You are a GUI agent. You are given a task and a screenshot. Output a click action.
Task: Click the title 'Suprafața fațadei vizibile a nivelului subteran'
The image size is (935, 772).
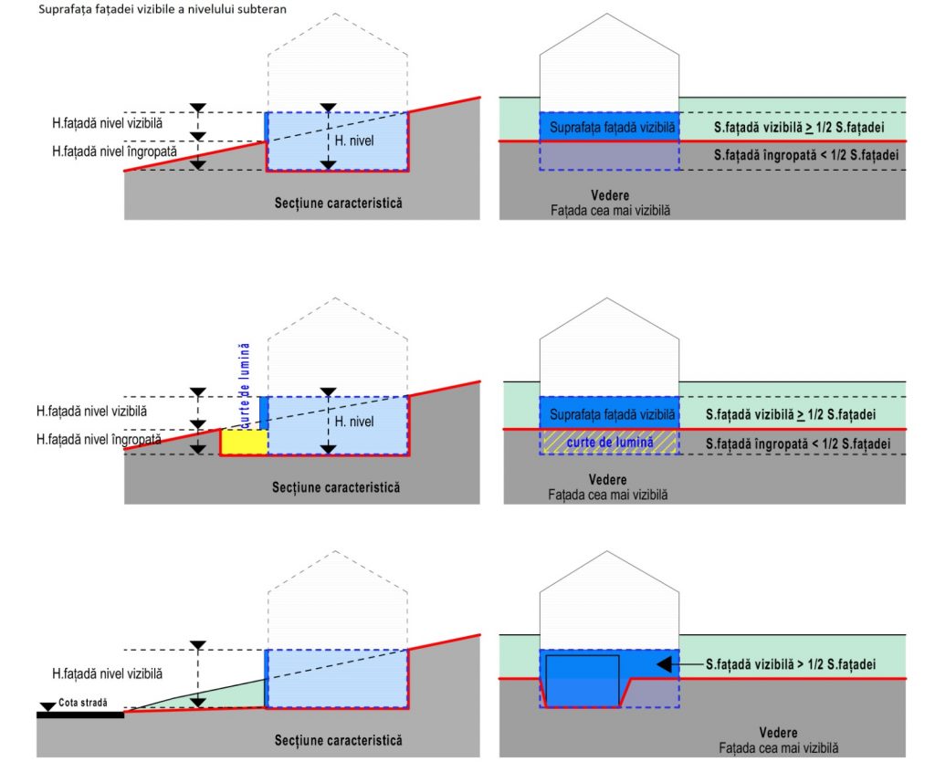pos(163,9)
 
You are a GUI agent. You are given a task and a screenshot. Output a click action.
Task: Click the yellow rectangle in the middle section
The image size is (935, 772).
pos(244,442)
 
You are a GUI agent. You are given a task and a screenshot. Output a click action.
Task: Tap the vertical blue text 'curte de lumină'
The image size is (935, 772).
pos(244,385)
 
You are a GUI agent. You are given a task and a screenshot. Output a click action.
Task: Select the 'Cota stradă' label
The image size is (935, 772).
pos(83,703)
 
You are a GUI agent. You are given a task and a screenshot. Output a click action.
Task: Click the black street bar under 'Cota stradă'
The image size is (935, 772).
pos(80,715)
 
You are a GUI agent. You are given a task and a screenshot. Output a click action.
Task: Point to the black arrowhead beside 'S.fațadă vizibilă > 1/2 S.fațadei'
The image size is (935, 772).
pos(665,664)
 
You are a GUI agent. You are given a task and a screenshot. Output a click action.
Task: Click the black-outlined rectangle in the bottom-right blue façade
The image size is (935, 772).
pos(583,681)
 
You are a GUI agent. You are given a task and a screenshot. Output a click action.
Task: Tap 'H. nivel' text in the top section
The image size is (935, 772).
pos(354,141)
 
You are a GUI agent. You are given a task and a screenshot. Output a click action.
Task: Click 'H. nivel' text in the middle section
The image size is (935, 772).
pos(354,422)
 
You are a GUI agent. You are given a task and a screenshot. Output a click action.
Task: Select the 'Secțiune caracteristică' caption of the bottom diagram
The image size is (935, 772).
pos(338,740)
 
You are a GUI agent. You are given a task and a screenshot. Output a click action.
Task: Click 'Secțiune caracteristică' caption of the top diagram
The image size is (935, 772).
pos(338,203)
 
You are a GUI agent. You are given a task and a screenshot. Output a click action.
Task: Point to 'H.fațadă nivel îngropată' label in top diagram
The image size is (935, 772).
pos(114,151)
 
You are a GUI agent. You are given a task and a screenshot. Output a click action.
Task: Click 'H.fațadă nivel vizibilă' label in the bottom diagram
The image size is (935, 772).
pos(108,673)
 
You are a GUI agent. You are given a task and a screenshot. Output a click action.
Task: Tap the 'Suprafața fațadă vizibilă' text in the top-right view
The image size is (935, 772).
pos(613,127)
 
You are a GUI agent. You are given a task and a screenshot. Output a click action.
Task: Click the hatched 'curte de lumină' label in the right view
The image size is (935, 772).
pos(609,443)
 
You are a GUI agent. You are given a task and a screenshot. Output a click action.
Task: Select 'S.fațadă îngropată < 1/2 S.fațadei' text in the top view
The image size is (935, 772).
pos(806,155)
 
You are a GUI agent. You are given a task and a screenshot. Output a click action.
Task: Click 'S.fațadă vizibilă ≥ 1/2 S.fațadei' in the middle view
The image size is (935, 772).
pos(791,414)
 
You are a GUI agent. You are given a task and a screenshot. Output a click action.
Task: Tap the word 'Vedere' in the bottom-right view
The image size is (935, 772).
pos(778,733)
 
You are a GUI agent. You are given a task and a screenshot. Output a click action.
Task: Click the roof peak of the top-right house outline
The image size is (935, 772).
pos(607,14)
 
